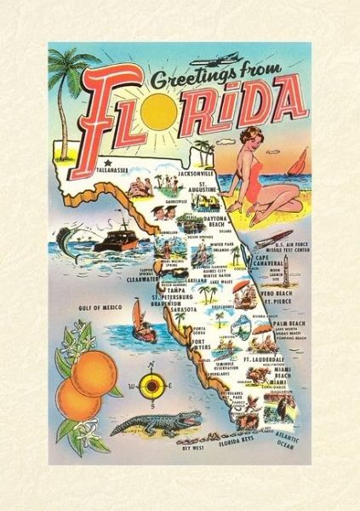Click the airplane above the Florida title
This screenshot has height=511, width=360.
(222, 63)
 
